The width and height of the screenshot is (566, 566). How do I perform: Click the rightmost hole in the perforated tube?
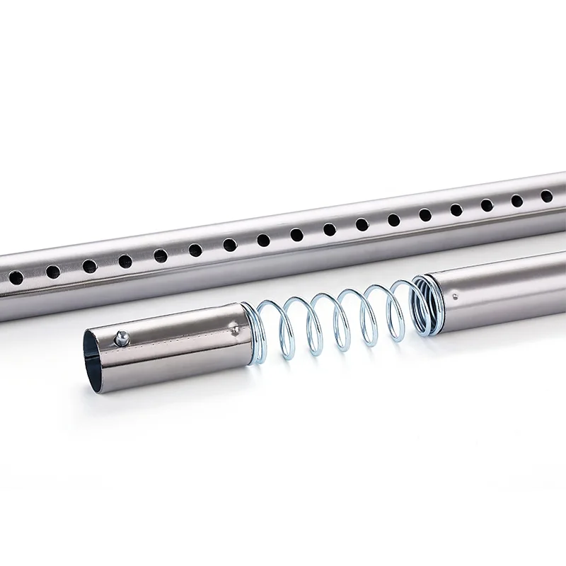[x=546, y=196]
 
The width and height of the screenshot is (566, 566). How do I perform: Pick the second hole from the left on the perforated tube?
[x=53, y=270]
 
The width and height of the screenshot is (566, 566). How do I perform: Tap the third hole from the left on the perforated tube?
[x=89, y=265]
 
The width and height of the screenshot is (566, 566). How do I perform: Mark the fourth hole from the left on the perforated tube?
[x=125, y=261]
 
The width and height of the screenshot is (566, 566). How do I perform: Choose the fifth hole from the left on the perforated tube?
[x=161, y=255]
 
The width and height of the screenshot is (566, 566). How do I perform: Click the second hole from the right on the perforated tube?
[x=517, y=200]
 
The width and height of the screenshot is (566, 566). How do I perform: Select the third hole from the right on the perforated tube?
[x=487, y=205]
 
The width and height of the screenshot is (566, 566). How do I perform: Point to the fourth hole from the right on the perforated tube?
[x=456, y=210]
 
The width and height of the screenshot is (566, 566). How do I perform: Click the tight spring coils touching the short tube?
[x=247, y=318]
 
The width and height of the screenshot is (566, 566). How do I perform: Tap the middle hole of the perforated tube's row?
[x=296, y=234]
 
